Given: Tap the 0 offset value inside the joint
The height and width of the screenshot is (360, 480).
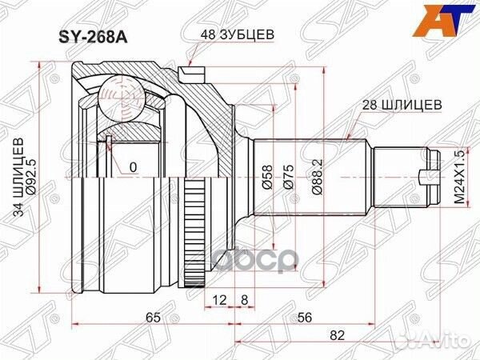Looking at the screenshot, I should tap(132, 167).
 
